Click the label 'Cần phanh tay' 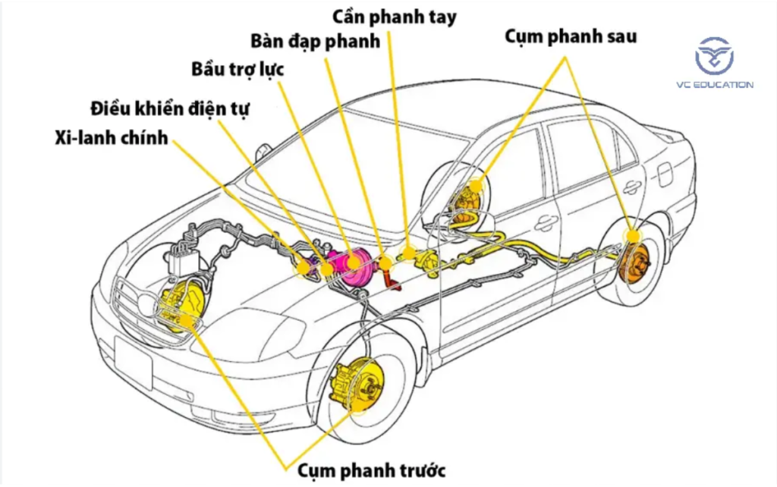[x=395, y=17]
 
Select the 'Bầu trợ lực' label [x=238, y=70]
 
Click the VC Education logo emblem [x=714, y=55]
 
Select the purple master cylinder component [x=308, y=266]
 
